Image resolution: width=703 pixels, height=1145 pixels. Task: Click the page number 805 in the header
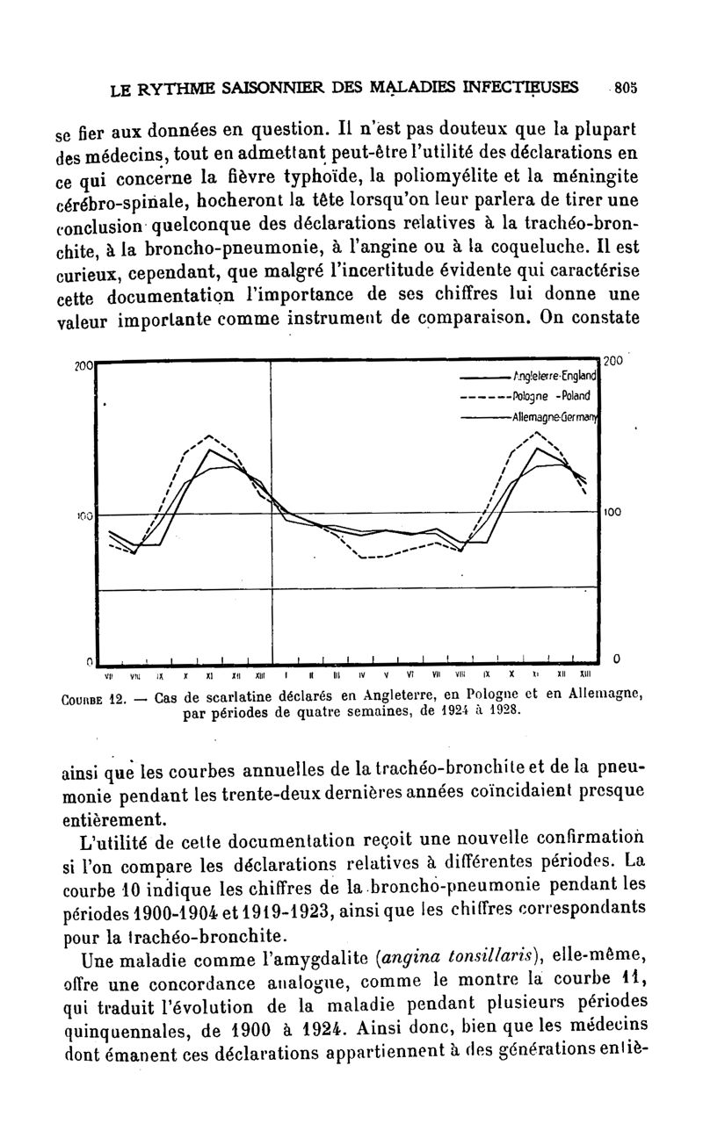(x=625, y=87)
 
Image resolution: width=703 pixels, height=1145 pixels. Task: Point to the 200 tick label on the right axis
(x=615, y=360)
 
